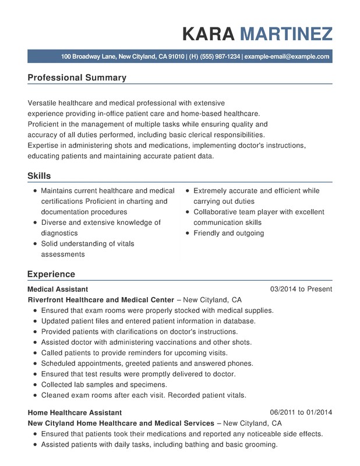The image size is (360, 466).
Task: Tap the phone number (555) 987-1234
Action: (220, 57)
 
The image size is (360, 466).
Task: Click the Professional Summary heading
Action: (77, 77)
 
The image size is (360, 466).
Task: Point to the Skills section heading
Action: (39, 176)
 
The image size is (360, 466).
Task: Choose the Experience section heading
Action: (51, 274)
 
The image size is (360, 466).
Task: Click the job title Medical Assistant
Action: (58, 289)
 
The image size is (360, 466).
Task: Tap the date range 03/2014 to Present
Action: (301, 289)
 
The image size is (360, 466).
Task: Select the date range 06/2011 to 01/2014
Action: (301, 412)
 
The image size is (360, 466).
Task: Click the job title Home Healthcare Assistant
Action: (75, 412)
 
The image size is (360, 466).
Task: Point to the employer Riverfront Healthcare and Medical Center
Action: (101, 300)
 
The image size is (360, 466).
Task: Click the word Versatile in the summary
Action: (44, 103)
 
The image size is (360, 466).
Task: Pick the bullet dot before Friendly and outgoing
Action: (187, 234)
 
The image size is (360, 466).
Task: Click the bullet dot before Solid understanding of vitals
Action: (35, 244)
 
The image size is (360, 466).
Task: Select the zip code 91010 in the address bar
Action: (176, 57)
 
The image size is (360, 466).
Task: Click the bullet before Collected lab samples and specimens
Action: (35, 385)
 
